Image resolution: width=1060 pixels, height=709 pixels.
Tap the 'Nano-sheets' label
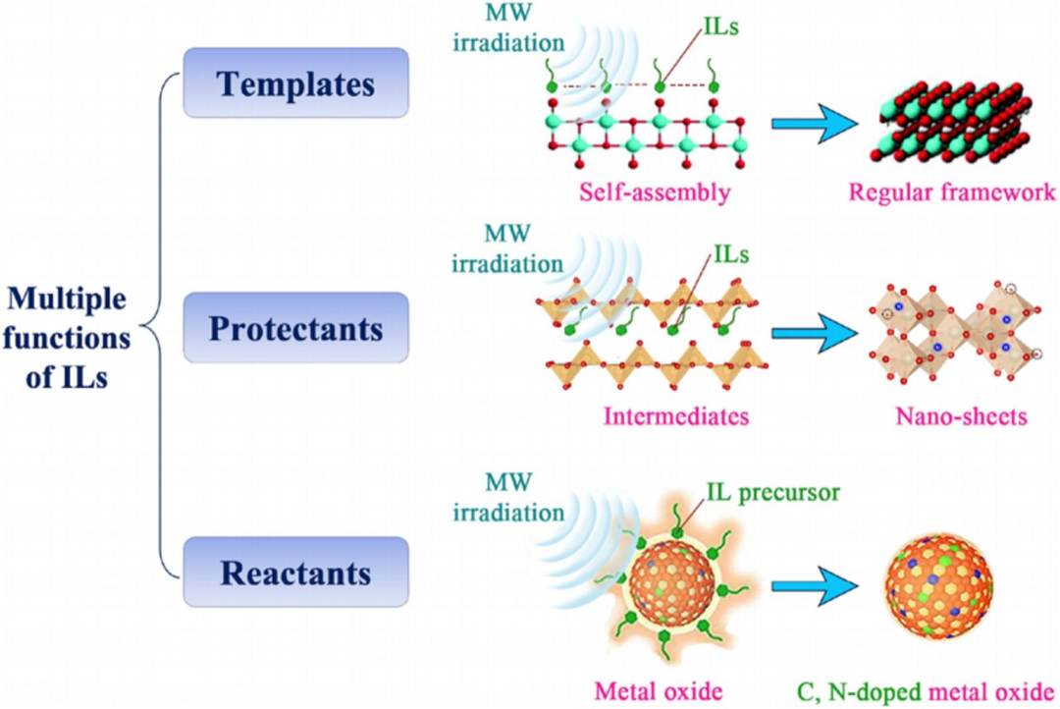tap(961, 416)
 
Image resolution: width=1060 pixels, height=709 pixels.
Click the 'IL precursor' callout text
tap(781, 490)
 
